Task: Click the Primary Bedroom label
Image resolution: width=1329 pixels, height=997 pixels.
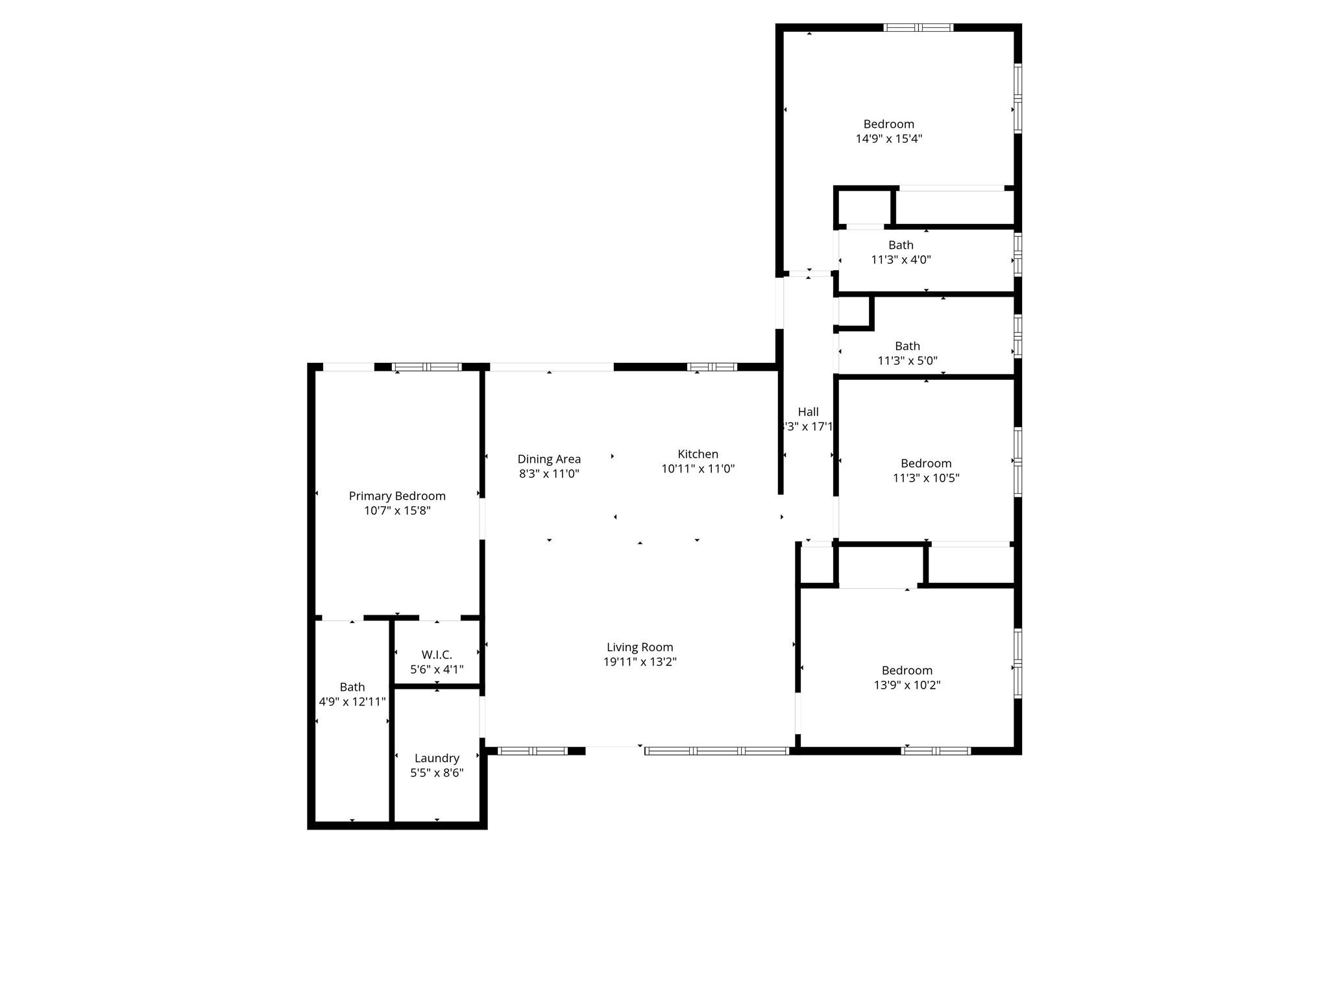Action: tap(397, 496)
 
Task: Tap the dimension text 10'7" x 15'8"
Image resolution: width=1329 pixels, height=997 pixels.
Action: tap(397, 511)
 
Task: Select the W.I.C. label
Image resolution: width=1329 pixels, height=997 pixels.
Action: tap(437, 654)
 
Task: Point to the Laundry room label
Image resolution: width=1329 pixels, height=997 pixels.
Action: tap(437, 758)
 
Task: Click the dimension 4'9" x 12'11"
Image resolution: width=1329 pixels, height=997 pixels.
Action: tap(352, 702)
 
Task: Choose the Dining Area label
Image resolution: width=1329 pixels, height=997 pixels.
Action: tap(549, 459)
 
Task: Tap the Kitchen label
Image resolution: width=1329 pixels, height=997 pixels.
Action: tap(698, 454)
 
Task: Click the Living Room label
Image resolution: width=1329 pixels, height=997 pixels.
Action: tap(640, 647)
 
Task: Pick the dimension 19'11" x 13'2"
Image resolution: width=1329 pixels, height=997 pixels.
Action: tap(640, 662)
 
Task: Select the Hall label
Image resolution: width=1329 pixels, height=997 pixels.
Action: tap(808, 412)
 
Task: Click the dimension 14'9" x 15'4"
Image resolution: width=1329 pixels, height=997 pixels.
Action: tap(889, 138)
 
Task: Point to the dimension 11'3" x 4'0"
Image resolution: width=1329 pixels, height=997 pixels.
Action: tap(901, 260)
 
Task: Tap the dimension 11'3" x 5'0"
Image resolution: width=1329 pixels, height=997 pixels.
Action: tap(907, 361)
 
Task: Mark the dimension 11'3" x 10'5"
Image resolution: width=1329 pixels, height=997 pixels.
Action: tap(926, 478)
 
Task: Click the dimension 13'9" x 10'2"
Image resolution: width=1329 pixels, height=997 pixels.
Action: tap(907, 685)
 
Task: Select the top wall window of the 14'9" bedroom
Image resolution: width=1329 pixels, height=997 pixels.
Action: tap(918, 27)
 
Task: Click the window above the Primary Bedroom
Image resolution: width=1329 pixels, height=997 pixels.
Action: tap(427, 367)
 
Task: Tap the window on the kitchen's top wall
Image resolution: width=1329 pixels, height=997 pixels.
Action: tap(712, 367)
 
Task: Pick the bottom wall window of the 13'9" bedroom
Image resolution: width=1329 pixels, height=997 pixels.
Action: tap(936, 751)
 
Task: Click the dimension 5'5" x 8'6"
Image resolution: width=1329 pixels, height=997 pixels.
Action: tap(437, 773)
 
